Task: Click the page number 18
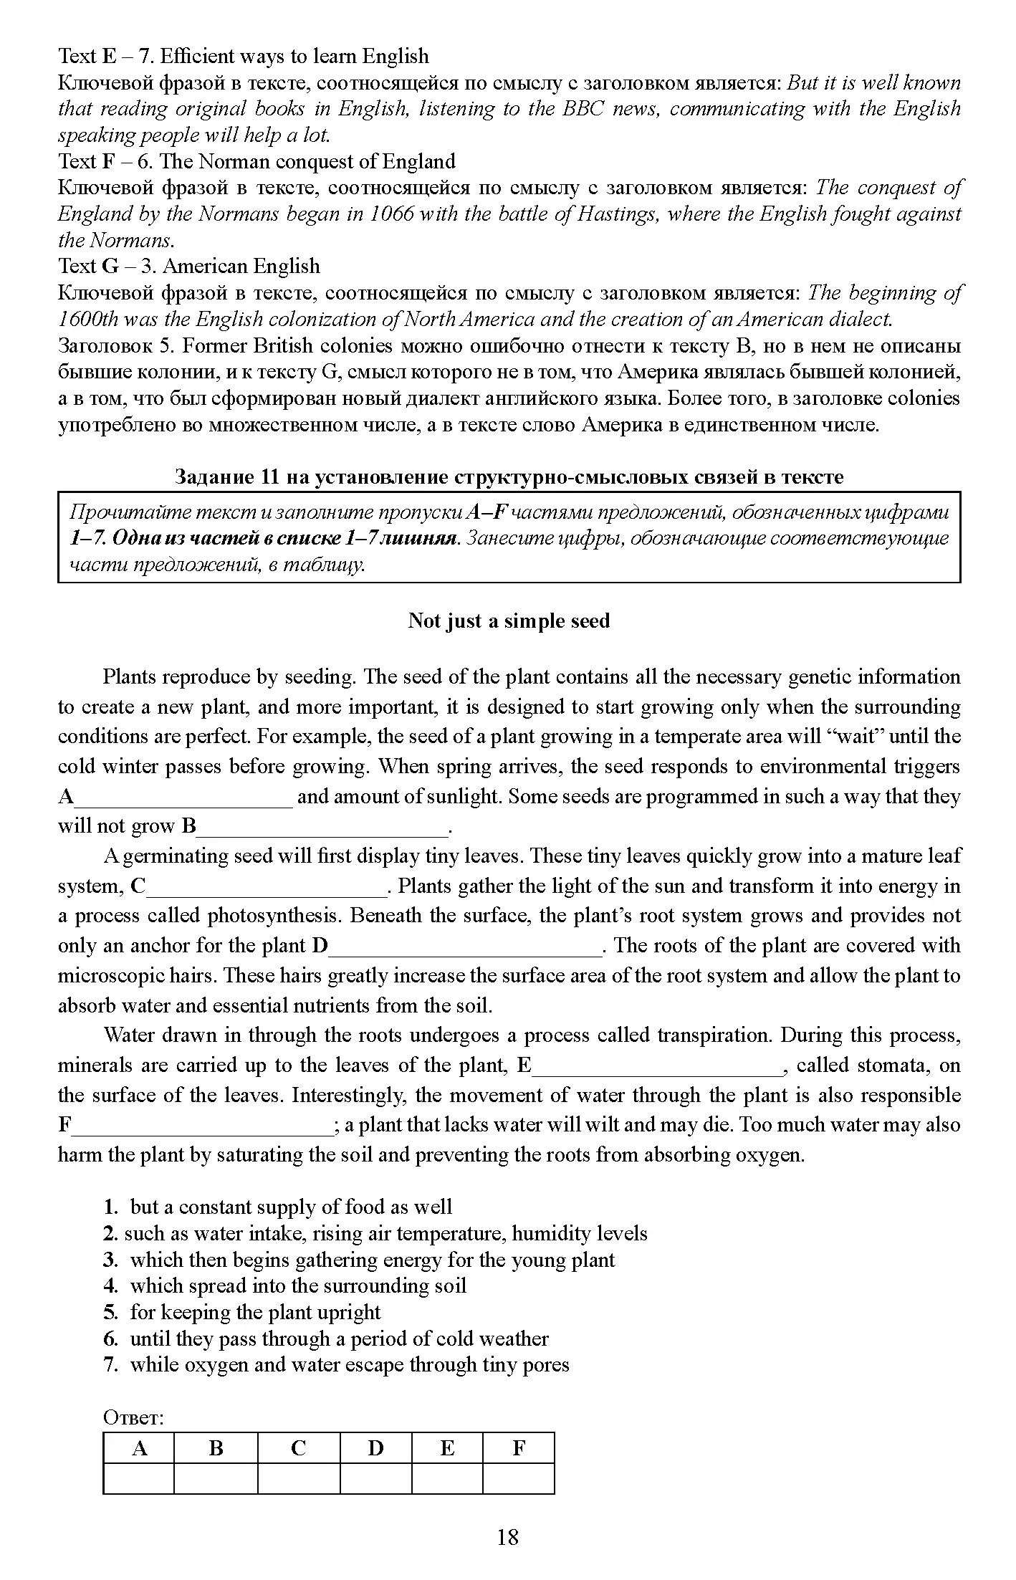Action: point(507,1537)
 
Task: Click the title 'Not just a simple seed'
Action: point(508,621)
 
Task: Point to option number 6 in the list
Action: point(110,1339)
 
